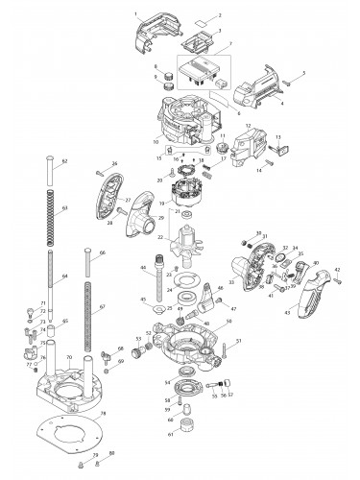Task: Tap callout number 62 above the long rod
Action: [64, 161]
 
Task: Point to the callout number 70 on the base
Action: [69, 356]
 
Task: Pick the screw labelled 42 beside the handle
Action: [336, 282]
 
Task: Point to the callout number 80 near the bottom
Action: [111, 451]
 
